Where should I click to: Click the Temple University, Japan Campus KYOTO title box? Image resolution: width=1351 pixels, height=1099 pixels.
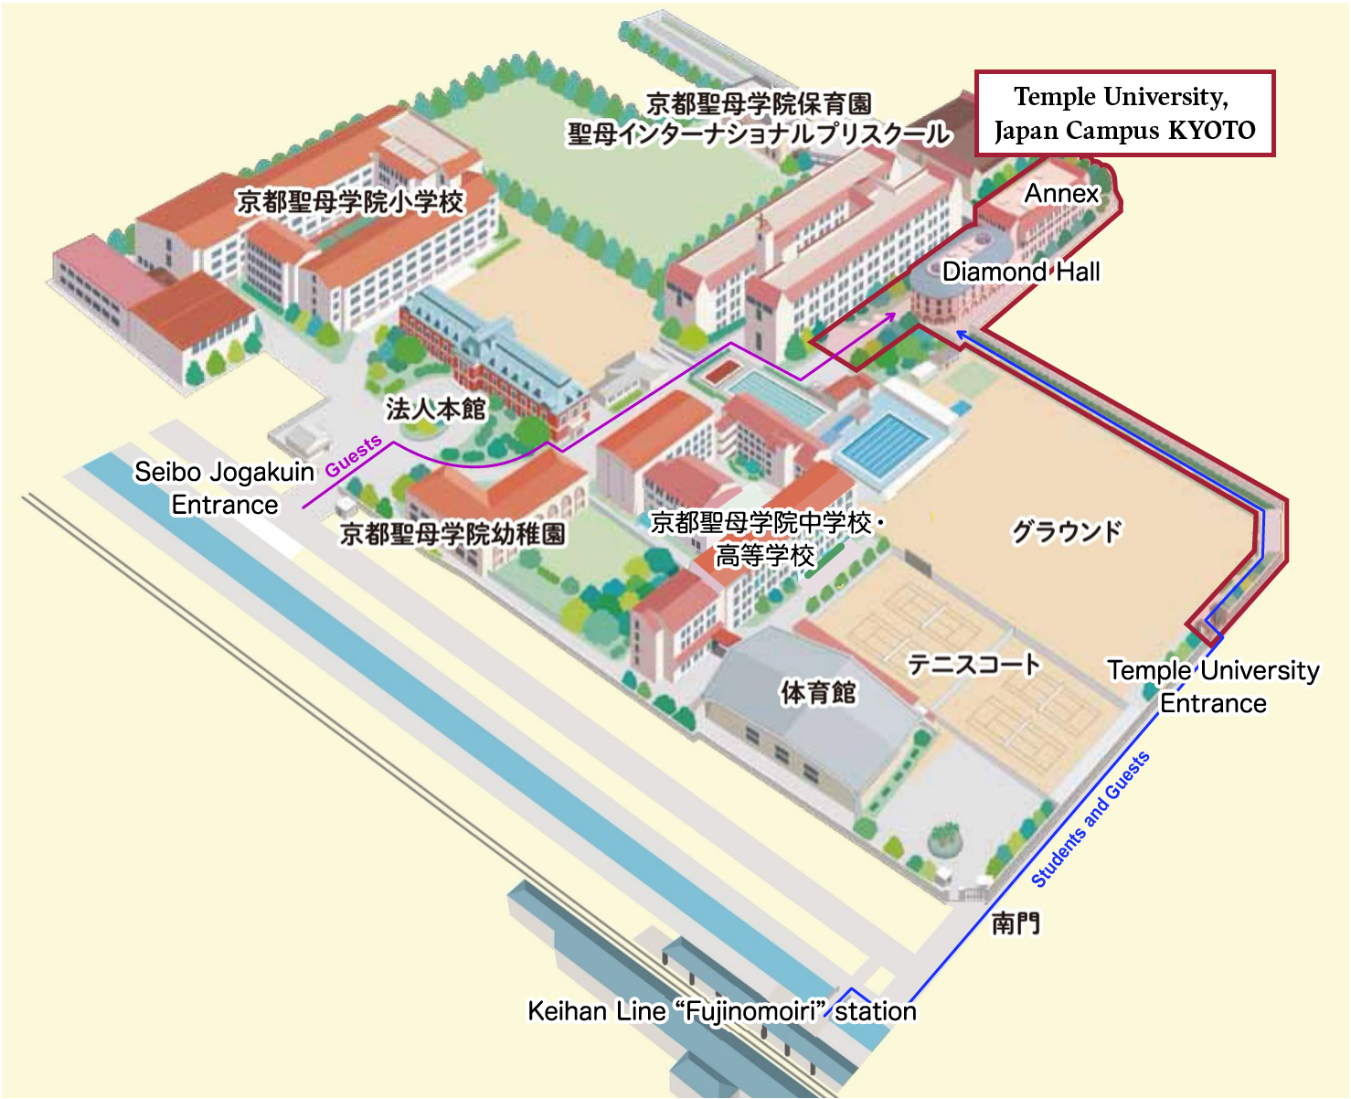(x=1124, y=113)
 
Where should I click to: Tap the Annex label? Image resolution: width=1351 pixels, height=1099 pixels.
(x=1061, y=194)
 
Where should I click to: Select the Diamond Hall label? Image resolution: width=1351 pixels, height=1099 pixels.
(x=1021, y=272)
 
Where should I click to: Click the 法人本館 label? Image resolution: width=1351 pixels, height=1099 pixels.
(x=435, y=409)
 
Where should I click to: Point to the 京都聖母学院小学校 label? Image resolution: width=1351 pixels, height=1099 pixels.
(x=350, y=201)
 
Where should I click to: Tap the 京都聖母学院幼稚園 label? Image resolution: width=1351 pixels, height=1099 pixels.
(x=452, y=533)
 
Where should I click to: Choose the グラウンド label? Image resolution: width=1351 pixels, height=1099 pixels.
(x=1066, y=531)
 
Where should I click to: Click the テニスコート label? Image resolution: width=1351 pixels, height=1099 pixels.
(x=973, y=664)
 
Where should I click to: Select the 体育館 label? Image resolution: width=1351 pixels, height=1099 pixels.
(x=818, y=692)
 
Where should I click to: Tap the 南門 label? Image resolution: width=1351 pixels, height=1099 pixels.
(x=1016, y=923)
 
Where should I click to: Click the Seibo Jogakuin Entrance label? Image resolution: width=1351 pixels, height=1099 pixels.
(x=224, y=488)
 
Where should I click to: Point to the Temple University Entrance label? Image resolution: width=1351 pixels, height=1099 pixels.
(x=1213, y=687)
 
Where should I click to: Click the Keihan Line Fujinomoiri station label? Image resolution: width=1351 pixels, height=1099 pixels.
(x=722, y=1011)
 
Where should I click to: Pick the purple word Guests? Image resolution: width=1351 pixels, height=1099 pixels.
(x=354, y=455)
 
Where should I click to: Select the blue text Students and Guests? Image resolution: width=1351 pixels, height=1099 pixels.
(x=1090, y=819)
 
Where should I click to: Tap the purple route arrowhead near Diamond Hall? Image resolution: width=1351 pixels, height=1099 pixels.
(x=891, y=316)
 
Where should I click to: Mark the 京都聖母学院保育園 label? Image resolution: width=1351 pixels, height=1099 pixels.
(x=759, y=103)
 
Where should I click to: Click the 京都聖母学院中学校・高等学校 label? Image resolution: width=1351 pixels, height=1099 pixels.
(x=766, y=539)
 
